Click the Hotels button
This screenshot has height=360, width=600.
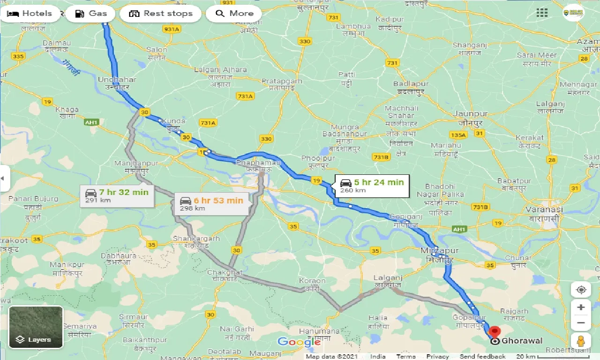coord(30,14)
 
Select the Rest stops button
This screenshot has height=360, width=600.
coord(160,14)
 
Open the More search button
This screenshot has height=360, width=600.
coord(234,14)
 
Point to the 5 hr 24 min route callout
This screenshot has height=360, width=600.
coord(371,186)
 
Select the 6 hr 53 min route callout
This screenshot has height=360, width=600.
coord(211,204)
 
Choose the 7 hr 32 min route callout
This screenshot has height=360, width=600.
coord(117,195)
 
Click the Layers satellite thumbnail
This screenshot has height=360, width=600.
coord(36,327)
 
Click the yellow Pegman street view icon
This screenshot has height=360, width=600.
coord(581,341)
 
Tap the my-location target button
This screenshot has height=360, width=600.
coord(581,290)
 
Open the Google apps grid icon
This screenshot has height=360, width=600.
coord(542,13)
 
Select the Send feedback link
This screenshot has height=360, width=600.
coord(482,356)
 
